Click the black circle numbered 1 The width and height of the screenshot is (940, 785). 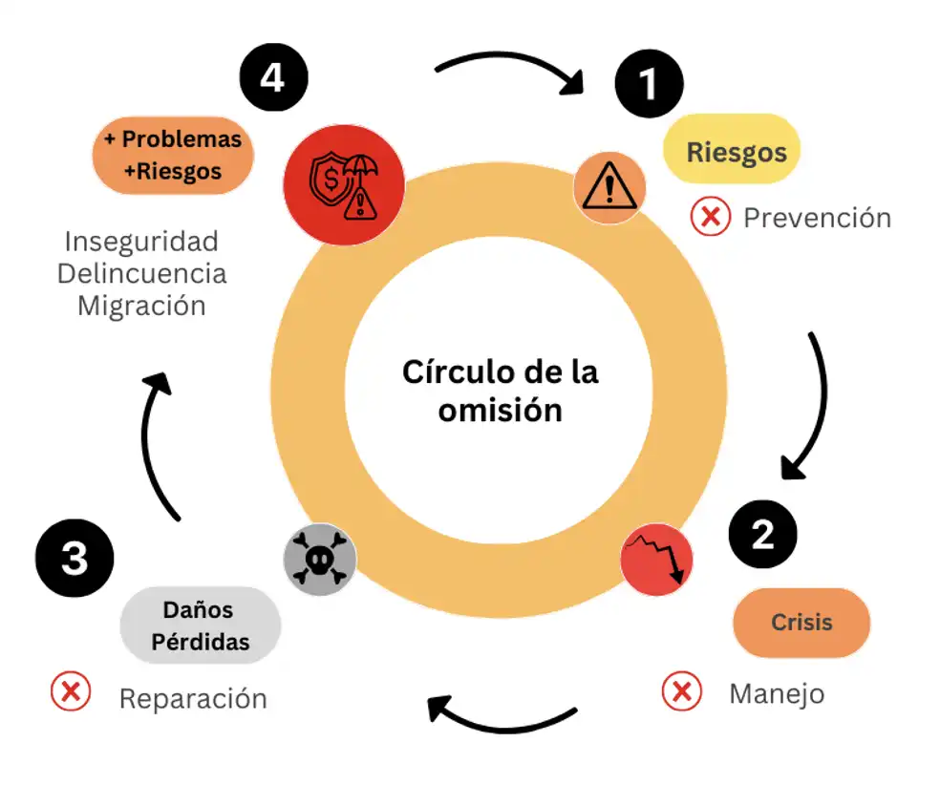tap(649, 83)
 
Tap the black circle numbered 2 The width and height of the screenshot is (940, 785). tap(762, 535)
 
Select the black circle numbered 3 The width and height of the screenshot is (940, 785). tap(75, 558)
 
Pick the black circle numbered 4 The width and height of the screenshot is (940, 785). tap(272, 76)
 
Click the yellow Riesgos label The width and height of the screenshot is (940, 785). tap(737, 150)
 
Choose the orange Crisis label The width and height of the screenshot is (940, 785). tap(801, 622)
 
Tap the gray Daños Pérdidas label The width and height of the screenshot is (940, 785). tap(199, 625)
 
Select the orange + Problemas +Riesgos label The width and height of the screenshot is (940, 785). tap(173, 155)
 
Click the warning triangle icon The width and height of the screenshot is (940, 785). tap(609, 187)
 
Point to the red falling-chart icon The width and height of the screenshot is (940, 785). tap(656, 559)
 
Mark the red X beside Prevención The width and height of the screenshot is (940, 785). tap(710, 218)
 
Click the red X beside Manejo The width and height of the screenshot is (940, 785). tap(682, 691)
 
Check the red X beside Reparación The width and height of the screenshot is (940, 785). tap(70, 690)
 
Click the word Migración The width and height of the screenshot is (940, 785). tap(141, 306)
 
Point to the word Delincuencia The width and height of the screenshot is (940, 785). tap(141, 273)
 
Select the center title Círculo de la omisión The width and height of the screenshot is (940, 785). tap(500, 390)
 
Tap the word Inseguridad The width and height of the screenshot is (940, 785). tap(141, 241)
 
